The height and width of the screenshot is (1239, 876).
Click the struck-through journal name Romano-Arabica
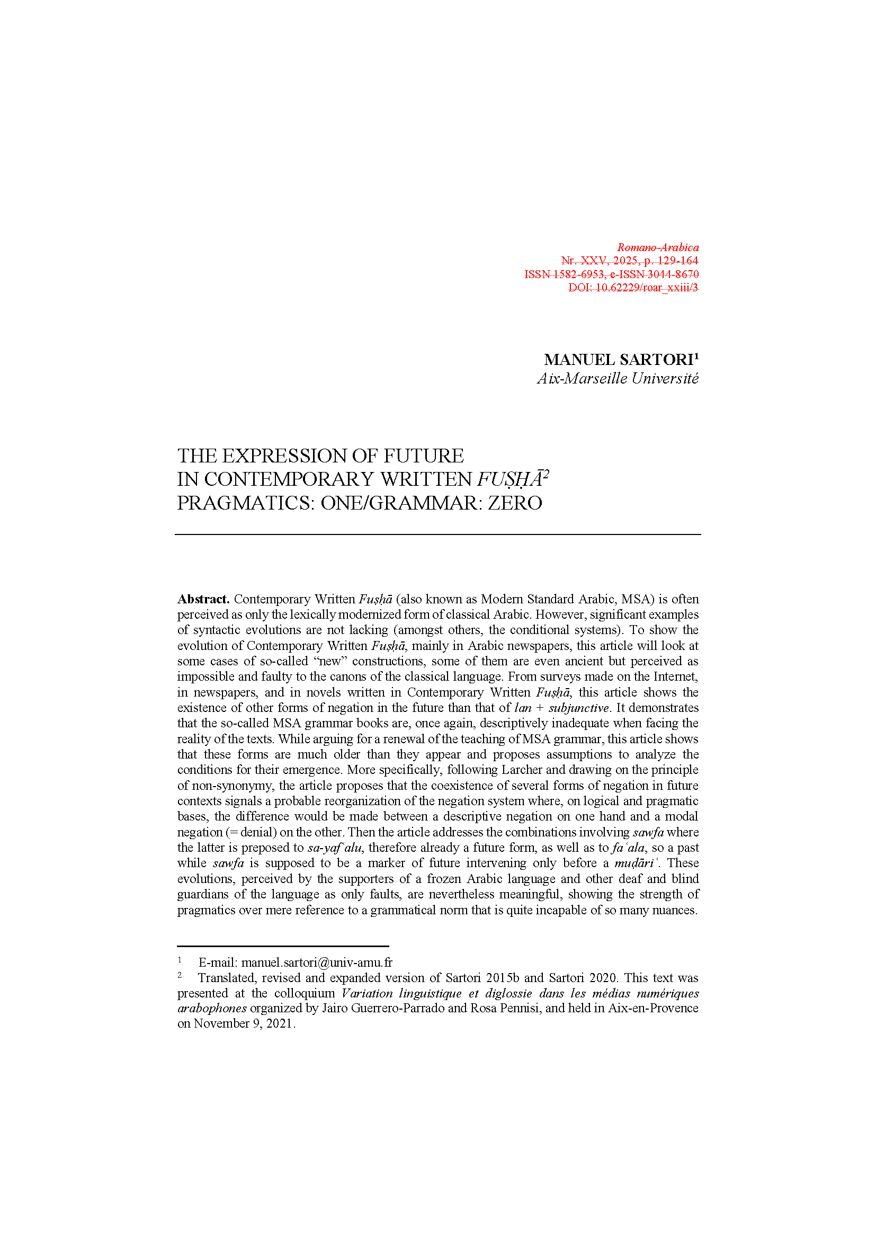click(658, 248)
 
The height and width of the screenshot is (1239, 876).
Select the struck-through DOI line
click(633, 288)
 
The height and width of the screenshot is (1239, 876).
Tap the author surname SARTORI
click(656, 360)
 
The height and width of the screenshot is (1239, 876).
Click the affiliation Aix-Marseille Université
click(618, 379)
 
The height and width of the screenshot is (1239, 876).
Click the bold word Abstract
click(203, 600)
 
